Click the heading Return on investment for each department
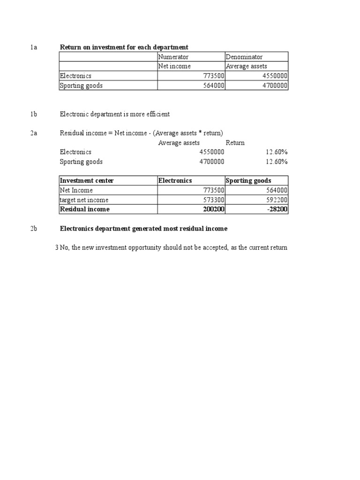124,47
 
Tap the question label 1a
34,47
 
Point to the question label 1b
34,114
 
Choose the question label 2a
34,133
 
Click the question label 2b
34,228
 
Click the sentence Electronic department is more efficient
114,114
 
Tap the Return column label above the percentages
235,142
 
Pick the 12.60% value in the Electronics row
277,152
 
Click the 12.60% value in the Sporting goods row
277,162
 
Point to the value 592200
277,200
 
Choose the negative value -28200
277,209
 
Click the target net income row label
84,200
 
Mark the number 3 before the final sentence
57,247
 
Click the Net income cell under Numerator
174,66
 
